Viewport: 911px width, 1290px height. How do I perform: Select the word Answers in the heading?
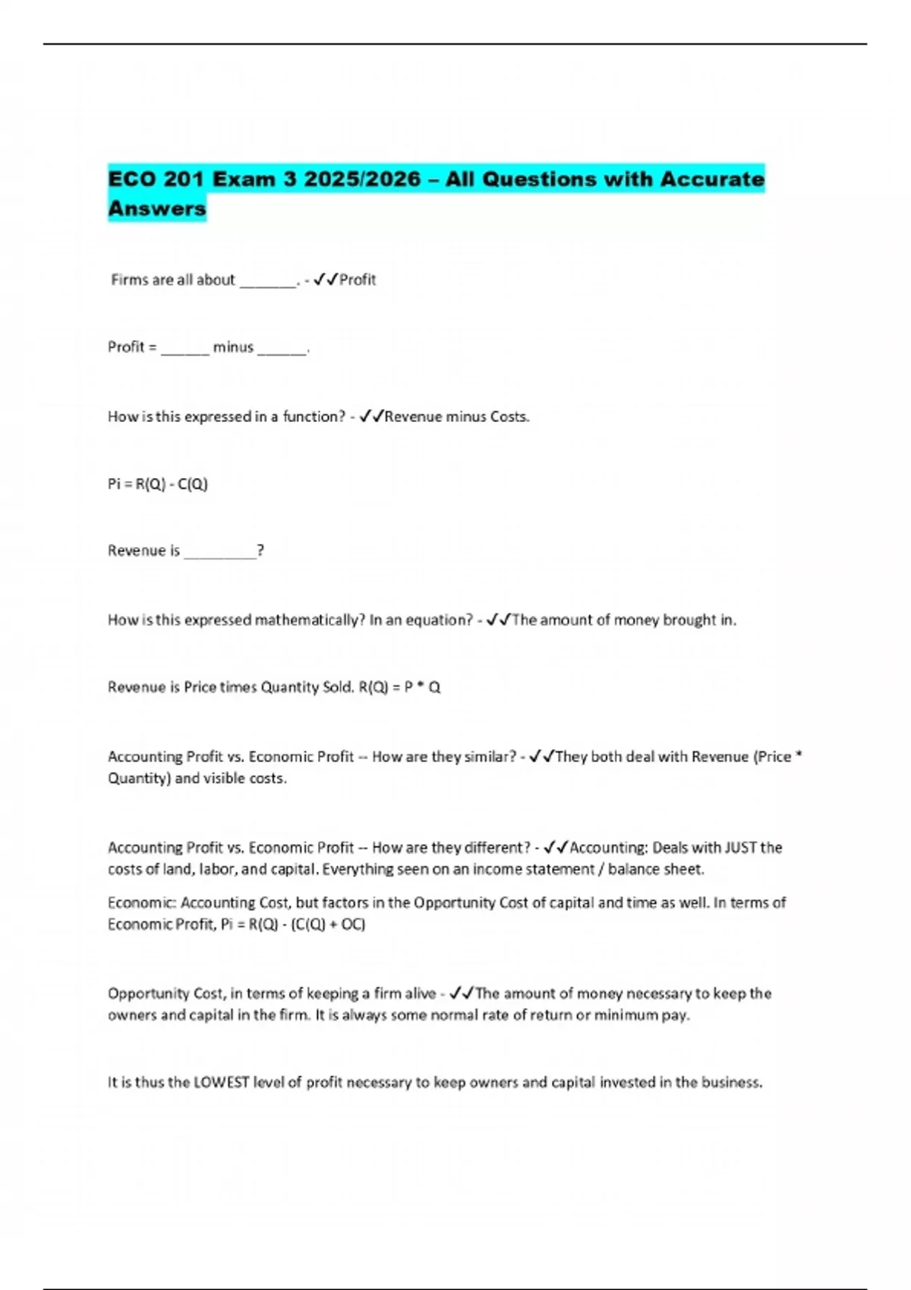157,208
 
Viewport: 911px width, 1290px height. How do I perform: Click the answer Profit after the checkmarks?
358,280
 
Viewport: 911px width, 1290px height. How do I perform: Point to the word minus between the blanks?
233,348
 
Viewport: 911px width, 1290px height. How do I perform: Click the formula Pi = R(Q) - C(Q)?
158,484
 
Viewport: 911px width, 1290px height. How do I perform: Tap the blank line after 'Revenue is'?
220,552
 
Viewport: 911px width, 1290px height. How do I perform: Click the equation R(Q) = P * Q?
399,687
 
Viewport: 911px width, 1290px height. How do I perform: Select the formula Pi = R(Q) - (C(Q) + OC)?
293,924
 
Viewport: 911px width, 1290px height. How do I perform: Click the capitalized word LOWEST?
222,1083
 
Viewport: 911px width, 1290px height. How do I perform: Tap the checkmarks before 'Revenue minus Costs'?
372,417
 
